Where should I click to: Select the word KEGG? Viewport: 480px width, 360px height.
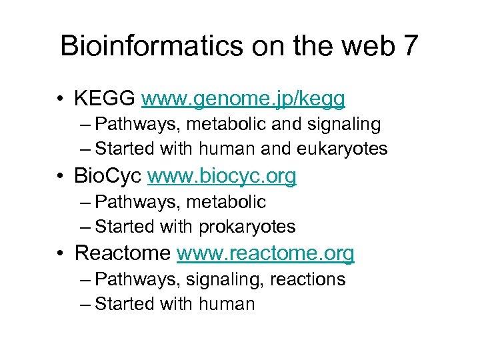pyautogui.click(x=105, y=99)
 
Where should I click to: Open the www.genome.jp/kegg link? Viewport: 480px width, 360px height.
pyautogui.click(x=243, y=99)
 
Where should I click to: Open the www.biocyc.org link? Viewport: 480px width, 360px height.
pyautogui.click(x=222, y=176)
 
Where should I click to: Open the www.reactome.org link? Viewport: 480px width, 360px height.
pyautogui.click(x=265, y=253)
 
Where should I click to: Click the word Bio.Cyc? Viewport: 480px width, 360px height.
pyautogui.click(x=108, y=176)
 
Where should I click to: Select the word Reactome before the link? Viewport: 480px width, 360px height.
pyautogui.click(x=123, y=253)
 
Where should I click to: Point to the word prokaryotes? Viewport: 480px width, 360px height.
pyautogui.click(x=247, y=227)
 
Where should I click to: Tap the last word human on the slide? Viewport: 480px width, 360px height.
pyautogui.click(x=227, y=304)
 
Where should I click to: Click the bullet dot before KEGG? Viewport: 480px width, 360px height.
pyautogui.click(x=61, y=99)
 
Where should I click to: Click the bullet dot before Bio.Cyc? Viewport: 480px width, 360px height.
pyautogui.click(x=61, y=177)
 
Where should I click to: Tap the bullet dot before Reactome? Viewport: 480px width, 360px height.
pyautogui.click(x=61, y=254)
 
